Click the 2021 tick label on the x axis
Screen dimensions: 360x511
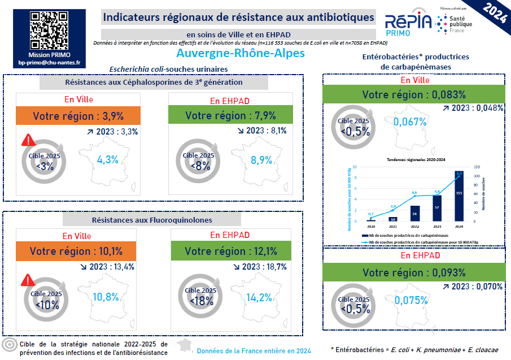pos(393,225)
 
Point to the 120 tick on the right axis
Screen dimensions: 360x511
pos(477,167)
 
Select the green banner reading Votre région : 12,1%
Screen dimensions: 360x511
pos(231,251)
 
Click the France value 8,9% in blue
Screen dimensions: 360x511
pos(261,160)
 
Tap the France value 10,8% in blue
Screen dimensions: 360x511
pos(105,297)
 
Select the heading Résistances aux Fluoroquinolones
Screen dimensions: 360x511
pos(152,219)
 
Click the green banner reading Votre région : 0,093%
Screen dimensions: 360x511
pos(414,272)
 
